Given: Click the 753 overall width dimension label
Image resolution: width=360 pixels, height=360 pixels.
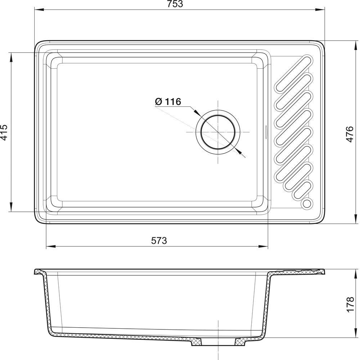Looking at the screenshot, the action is pos(175,4).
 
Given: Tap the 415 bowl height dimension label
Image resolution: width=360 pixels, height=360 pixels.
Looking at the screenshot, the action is pos(4,132).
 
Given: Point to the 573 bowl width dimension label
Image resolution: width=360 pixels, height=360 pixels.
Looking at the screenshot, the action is pos(159,240).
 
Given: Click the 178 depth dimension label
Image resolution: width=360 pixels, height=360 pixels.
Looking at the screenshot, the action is pos(350,304).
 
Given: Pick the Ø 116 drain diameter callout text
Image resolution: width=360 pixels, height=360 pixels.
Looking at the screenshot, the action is pos(168,101).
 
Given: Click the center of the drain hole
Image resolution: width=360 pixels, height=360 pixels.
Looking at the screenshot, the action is pos(218,132).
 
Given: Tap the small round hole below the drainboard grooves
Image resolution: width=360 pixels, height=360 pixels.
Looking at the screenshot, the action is pos(307,204).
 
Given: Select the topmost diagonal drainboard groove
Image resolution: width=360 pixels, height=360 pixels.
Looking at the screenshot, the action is pos(293,73).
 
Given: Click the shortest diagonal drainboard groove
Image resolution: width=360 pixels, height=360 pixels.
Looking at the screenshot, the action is pos(303,190).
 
